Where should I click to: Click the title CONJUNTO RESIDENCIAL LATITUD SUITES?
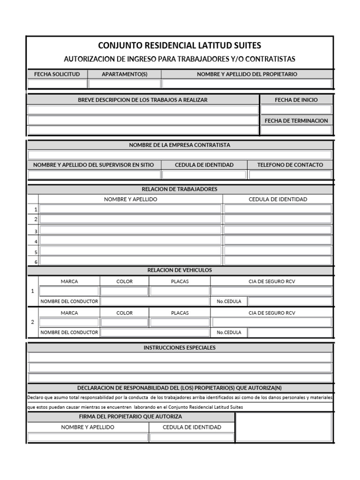pyautogui.click(x=180, y=45)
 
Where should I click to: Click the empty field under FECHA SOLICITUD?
pyautogui.click(x=57, y=84)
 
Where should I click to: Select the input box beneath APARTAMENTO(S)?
pyautogui.click(x=124, y=84)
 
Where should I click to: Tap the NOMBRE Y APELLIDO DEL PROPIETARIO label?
pyautogui.click(x=247, y=74)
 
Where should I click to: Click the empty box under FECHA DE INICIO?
pyautogui.click(x=296, y=110)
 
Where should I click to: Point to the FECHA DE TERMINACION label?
pyautogui.click(x=296, y=120)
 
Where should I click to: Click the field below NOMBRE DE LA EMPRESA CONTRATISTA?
pyautogui.click(x=180, y=155)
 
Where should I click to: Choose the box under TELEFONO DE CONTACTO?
pyautogui.click(x=290, y=175)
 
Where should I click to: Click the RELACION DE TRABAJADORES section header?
pyautogui.click(x=180, y=189)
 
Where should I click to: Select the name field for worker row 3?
pyautogui.click(x=130, y=230)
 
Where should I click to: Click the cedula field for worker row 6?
pyautogui.click(x=277, y=261)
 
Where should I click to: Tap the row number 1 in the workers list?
pyautogui.click(x=36, y=210)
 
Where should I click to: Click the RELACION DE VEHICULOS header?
pyautogui.click(x=180, y=270)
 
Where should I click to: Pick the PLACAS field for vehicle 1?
pyautogui.click(x=179, y=291)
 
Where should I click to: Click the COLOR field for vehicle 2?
pyautogui.click(x=124, y=322)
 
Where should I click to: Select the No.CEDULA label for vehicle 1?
pyautogui.click(x=229, y=301)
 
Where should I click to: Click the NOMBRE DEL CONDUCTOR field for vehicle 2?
pyautogui.click(x=155, y=332)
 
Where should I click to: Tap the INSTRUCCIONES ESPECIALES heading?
pyautogui.click(x=180, y=348)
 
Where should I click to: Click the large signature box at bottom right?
pyautogui.click(x=284, y=427)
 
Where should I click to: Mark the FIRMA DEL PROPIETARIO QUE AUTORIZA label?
pyautogui.click(x=131, y=416)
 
